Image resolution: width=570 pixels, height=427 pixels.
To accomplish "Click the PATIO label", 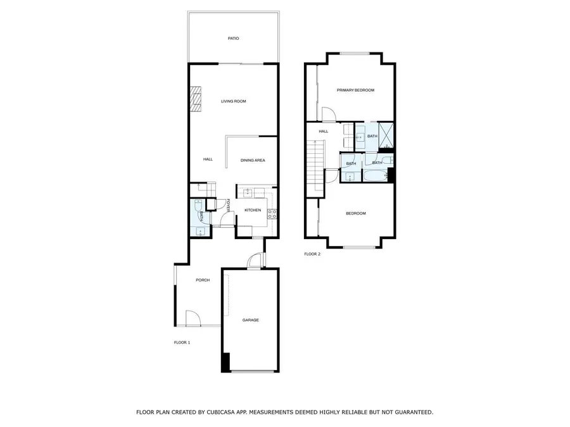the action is tap(233, 39).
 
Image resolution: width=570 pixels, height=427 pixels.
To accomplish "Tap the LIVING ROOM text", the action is tap(233, 101).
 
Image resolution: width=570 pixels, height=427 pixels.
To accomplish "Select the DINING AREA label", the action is tap(253, 160).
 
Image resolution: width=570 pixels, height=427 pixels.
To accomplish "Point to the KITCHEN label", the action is tap(253, 210).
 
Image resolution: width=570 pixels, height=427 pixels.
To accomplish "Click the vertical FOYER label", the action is tap(228, 206).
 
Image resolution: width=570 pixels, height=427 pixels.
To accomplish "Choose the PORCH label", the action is tap(203, 280).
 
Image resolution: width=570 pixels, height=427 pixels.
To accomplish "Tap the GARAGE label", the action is tap(251, 320).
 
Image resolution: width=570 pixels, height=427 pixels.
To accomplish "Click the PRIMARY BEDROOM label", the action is tap(355, 90).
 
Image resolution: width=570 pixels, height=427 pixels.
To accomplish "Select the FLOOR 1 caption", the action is tap(182, 342).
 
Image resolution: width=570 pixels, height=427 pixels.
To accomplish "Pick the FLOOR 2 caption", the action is tap(312, 254).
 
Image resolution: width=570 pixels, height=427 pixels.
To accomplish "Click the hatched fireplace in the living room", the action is tap(196, 99).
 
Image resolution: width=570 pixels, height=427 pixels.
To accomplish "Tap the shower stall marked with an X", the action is tap(386, 136).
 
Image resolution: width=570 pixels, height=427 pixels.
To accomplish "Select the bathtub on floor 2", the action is tap(375, 175).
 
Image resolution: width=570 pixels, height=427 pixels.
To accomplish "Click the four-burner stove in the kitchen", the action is tap(272, 214).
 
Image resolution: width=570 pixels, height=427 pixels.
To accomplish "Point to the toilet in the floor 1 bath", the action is tap(198, 205).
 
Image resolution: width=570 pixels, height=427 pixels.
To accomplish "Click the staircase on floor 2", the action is tap(315, 165).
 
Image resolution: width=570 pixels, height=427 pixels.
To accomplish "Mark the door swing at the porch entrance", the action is tap(193, 318).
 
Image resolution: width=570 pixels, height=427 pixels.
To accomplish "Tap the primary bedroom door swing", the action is tap(329, 114).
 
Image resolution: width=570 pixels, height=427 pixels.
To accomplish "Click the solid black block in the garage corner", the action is tap(225, 362).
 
